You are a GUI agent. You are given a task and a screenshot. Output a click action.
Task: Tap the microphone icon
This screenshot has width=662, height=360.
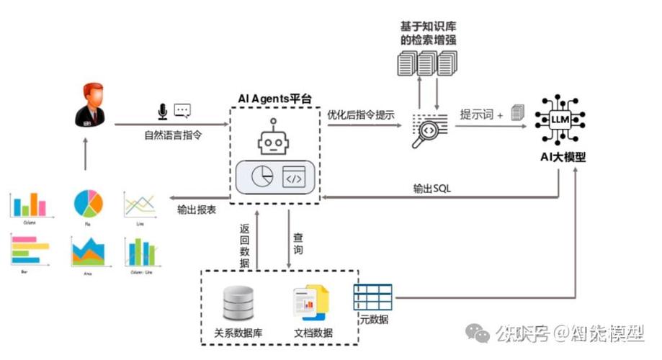point(163,111)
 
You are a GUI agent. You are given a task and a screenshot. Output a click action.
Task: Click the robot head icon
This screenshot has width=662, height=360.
point(273,138)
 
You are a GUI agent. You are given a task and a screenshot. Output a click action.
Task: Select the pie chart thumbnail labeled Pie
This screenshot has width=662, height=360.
point(88,204)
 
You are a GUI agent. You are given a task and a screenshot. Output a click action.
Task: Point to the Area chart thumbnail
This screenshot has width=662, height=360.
point(88,252)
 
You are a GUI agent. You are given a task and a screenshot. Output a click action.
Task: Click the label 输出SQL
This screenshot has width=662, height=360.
point(433,189)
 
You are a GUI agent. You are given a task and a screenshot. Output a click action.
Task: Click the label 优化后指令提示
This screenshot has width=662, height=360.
point(361,114)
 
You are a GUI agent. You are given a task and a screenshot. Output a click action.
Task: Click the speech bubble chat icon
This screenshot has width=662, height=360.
point(182,111)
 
